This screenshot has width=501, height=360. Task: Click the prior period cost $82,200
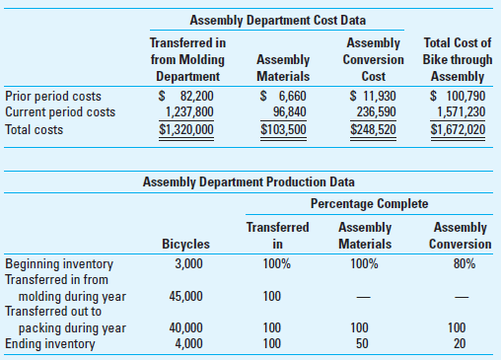pyautogui.click(x=186, y=96)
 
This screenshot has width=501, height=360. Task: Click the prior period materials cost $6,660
pyautogui.click(x=282, y=96)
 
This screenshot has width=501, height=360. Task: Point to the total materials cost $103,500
pyautogui.click(x=283, y=128)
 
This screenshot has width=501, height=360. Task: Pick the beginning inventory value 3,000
pyautogui.click(x=189, y=263)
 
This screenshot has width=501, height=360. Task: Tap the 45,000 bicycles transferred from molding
pyautogui.click(x=186, y=295)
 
